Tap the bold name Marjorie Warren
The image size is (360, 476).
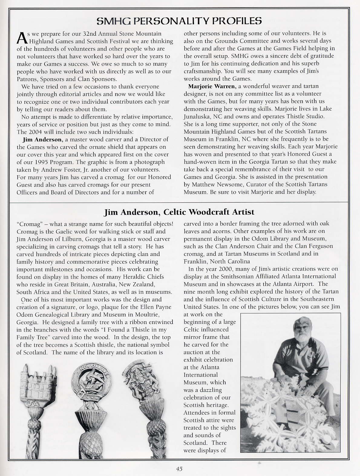point(211,86)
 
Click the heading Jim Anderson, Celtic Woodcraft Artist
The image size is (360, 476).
point(179,212)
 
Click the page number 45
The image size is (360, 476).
point(179,469)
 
